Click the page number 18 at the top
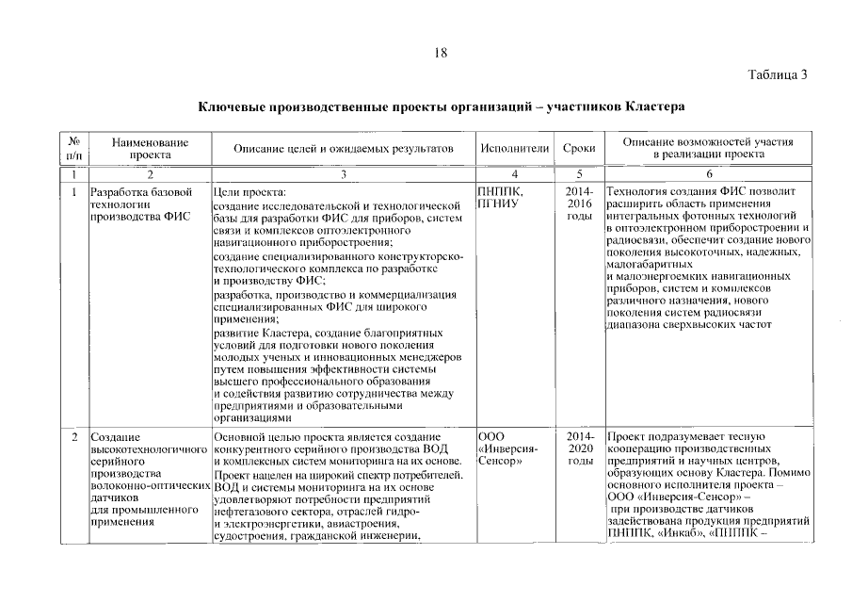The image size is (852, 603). pos(440,54)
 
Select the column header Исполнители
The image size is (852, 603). pos(514,149)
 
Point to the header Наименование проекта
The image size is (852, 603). pos(150,149)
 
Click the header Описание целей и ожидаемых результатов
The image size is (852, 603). pos(344,149)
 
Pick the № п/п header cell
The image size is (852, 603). pos(72,149)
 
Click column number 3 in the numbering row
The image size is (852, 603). pos(344,174)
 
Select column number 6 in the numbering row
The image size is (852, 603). pos(708,174)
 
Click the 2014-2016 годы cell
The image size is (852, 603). pos(579,204)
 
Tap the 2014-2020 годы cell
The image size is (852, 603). pos(580,449)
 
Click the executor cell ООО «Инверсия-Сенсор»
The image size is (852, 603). pos(508,449)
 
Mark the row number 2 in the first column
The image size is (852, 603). pos(73,438)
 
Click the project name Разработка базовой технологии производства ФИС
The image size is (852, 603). pos(139,204)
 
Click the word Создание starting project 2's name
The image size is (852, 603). pos(115,438)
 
